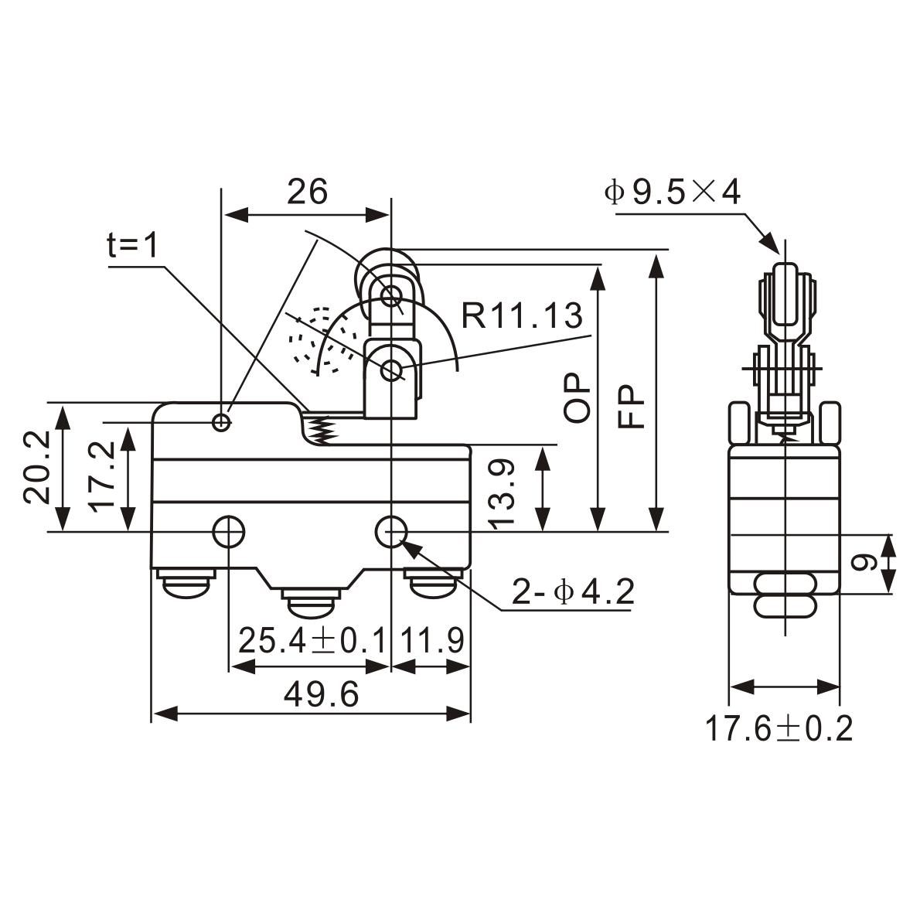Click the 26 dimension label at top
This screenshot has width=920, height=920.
[x=307, y=191]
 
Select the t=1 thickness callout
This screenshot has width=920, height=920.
[x=132, y=246]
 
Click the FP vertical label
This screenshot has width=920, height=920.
[x=632, y=407]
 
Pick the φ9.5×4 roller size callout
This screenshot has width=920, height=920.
[x=672, y=192]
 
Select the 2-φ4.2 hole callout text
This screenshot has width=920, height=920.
[x=572, y=593]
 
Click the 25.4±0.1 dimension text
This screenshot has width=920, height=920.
[x=311, y=640]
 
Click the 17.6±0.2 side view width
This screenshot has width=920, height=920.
[x=779, y=728]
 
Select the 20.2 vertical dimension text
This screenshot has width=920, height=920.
[x=36, y=466]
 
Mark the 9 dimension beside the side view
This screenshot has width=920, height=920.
[x=860, y=563]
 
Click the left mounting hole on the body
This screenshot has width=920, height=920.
[x=228, y=531]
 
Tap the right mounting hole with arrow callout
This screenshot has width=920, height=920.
[x=392, y=531]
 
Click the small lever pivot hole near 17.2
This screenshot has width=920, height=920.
[x=222, y=422]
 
